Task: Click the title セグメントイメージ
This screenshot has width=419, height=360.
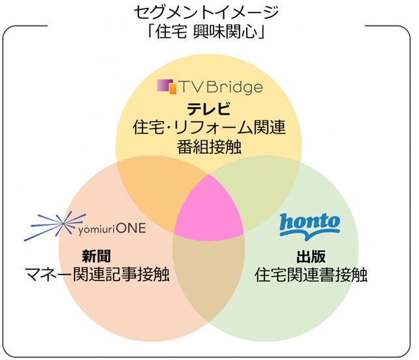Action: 209,12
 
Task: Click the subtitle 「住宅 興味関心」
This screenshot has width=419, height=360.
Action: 209,31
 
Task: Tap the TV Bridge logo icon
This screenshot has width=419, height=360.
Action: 167,86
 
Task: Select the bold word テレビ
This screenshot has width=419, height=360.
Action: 209,108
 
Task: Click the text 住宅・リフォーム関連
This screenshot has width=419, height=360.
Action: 209,127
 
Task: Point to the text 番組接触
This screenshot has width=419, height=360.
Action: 209,146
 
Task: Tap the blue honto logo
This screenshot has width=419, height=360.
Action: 309,224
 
